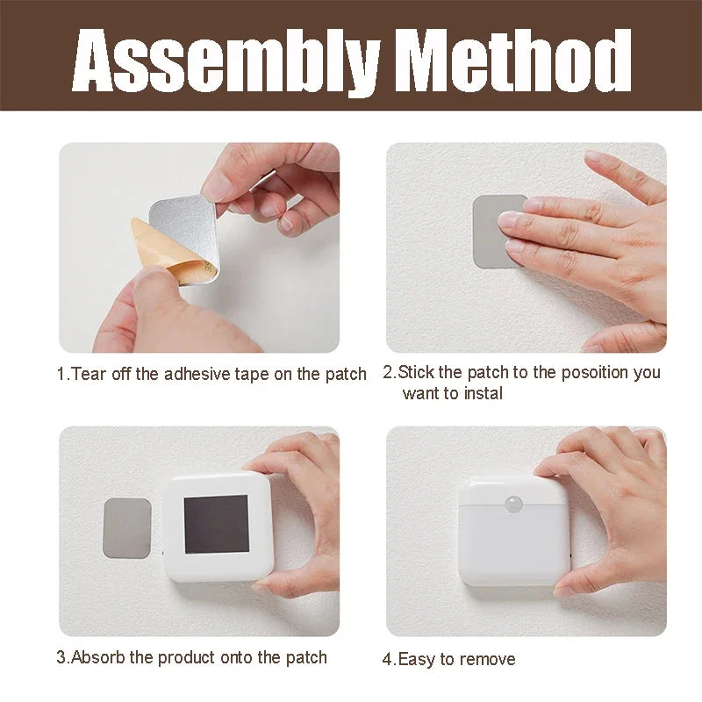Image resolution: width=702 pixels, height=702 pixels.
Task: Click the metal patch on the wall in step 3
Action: (x=127, y=528)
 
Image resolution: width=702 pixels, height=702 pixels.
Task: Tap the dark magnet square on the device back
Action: (x=216, y=524)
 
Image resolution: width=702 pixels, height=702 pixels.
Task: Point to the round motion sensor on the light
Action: (x=513, y=504)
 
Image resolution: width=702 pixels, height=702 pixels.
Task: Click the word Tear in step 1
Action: (x=89, y=374)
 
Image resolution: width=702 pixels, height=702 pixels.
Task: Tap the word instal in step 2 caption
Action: (x=484, y=393)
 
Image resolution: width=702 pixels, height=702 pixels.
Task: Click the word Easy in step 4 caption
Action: (x=416, y=660)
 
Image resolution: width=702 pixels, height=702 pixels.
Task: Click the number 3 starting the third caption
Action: (x=61, y=657)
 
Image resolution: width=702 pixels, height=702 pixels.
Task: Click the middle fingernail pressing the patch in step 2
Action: (x=508, y=219)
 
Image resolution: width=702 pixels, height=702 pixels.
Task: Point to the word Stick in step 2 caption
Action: (x=415, y=372)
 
